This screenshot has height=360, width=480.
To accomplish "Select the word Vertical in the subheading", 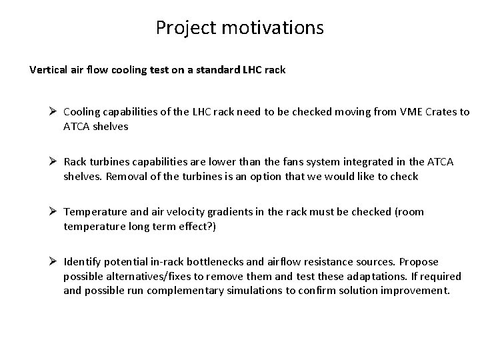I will (x=48, y=69).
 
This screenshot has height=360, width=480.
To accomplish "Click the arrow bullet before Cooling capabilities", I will (x=55, y=112).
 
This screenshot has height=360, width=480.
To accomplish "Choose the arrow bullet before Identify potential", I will (x=55, y=262).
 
